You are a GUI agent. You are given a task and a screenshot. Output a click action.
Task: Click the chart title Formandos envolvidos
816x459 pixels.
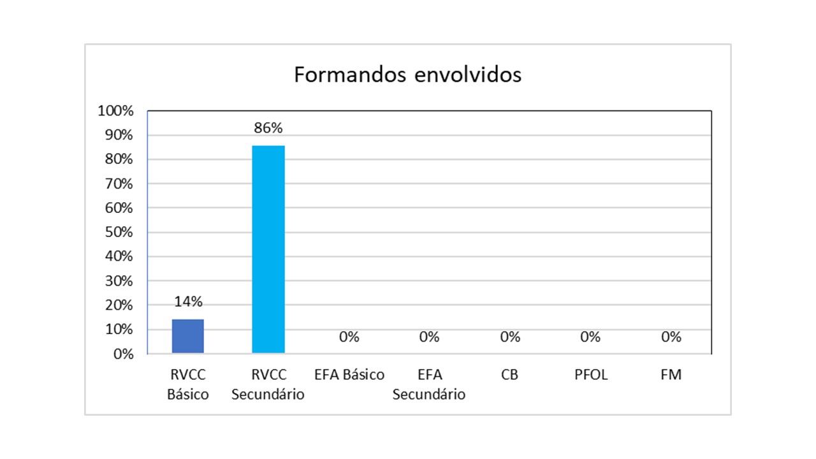407,75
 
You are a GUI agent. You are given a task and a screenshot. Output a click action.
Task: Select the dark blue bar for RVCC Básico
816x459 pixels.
187,336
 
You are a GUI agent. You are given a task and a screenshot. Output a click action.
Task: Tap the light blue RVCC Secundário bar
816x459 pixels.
268,249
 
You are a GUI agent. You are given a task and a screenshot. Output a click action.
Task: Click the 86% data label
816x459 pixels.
268,127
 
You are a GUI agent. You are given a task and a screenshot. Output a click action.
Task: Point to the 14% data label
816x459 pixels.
187,302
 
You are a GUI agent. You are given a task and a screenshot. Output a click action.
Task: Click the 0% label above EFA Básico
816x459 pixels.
349,337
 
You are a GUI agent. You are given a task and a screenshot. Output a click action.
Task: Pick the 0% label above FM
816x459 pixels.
671,337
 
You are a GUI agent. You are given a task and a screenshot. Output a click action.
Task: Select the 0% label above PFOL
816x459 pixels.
590,337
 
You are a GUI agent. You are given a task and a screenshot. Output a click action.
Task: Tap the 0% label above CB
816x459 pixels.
510,337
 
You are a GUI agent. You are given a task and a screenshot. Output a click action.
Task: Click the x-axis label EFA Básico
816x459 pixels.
349,375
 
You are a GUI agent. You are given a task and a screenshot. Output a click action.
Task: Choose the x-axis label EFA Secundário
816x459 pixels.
429,384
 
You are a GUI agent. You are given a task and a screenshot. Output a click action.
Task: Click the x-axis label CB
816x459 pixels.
510,375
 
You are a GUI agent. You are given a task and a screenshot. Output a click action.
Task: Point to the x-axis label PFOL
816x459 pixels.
590,375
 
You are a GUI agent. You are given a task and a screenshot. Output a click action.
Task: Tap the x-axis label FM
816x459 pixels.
671,375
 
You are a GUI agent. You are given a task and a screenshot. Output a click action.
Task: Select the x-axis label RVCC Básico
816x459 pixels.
187,384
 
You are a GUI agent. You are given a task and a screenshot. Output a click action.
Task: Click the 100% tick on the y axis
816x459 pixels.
115,111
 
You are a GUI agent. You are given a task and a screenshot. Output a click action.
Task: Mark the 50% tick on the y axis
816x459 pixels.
118,232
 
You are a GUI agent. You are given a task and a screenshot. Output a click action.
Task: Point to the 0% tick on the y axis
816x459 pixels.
123,354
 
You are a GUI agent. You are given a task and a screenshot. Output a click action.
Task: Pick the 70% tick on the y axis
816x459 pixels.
118,184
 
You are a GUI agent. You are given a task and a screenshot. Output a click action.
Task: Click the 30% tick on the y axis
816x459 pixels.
118,281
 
